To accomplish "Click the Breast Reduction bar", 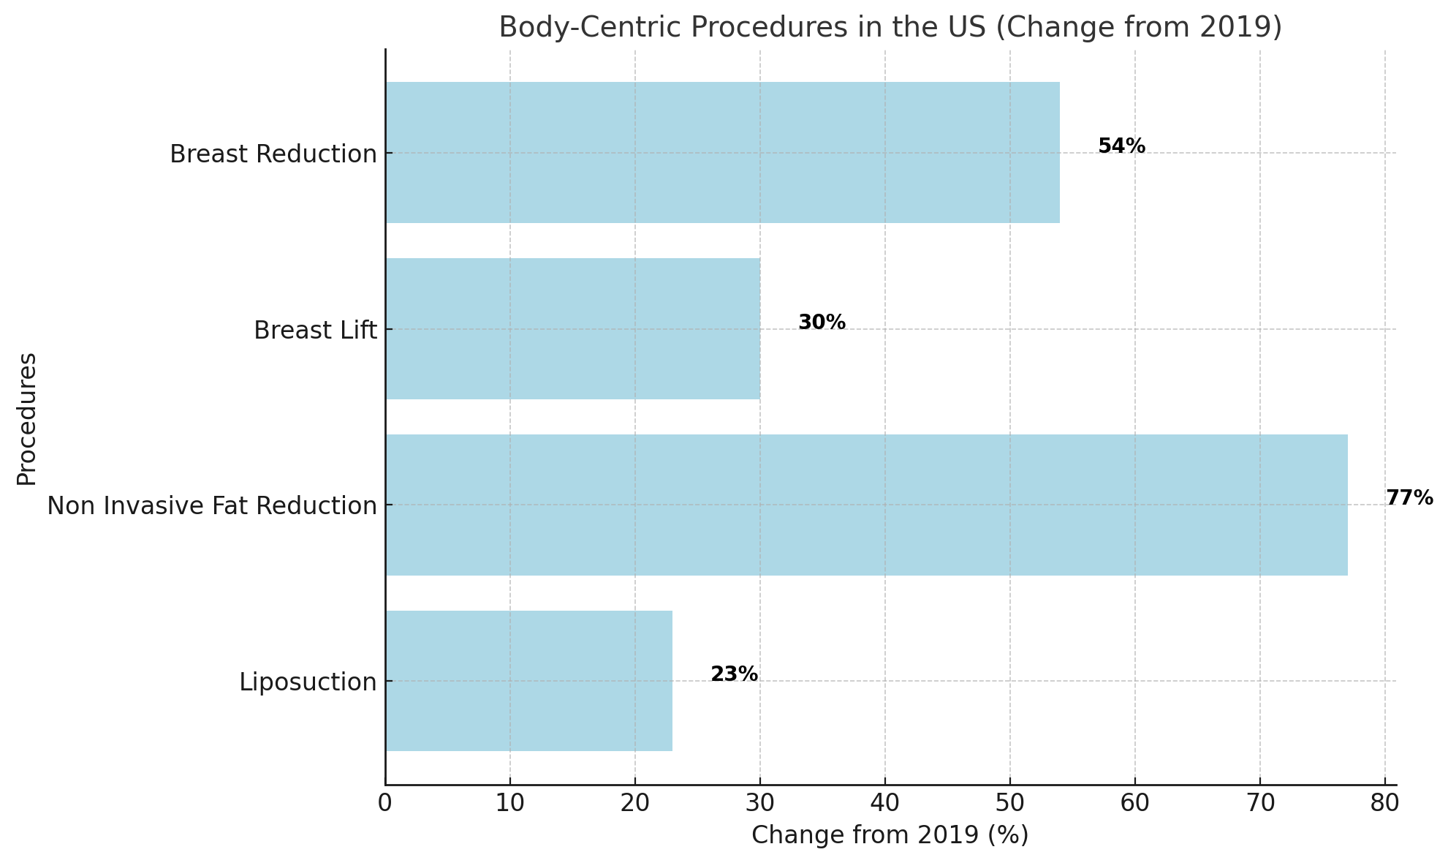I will tap(722, 152).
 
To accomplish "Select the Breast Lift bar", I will tap(572, 328).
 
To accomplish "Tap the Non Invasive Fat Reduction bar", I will tap(866, 505).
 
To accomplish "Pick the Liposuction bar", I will tap(528, 681).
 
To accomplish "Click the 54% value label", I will tap(1121, 146).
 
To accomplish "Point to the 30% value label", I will tap(822, 323).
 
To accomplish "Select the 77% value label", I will tap(1409, 498).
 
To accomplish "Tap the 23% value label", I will tap(734, 674).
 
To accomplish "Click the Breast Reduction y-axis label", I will tap(273, 154).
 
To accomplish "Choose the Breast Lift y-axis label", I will tap(315, 331).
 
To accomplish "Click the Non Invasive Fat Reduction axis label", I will tap(212, 506).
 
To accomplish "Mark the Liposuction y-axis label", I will tap(308, 682).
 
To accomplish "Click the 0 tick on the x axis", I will tap(385, 804).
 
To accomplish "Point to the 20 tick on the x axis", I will tap(634, 804).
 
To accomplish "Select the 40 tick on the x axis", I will tap(884, 804).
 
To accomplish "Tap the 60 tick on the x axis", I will tap(1134, 804).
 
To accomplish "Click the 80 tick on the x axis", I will tap(1384, 804).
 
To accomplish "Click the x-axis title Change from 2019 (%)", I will tap(890, 835).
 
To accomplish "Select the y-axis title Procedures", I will tap(27, 418).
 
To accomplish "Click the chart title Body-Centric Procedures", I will tap(890, 27).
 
